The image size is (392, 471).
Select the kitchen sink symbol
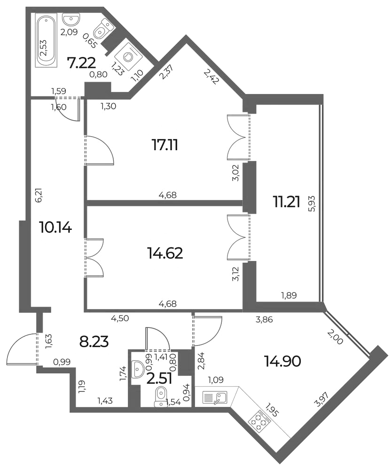pyautogui.click(x=215, y=398)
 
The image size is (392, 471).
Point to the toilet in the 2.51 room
pyautogui.click(x=161, y=396)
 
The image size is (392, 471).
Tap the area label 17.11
pyautogui.click(x=165, y=146)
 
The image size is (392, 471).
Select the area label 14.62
pyautogui.click(x=165, y=253)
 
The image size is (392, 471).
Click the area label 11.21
pyautogui.click(x=286, y=203)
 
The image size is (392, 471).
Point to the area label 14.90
pyautogui.click(x=282, y=361)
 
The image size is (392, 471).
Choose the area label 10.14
pyautogui.click(x=55, y=227)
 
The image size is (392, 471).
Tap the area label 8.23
pyautogui.click(x=94, y=342)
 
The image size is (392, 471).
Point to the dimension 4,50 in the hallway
pyautogui.click(x=120, y=318)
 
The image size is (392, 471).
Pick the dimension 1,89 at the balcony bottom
pyautogui.click(x=289, y=296)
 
